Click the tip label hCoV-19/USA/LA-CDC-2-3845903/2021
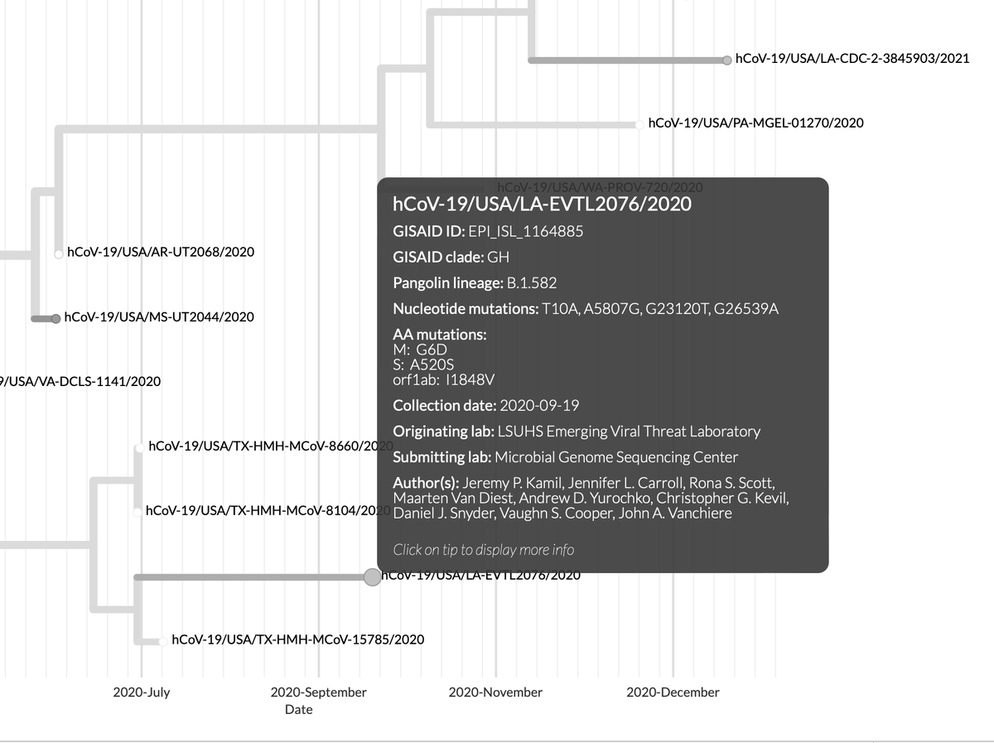point(852,59)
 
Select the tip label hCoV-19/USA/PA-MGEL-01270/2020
point(755,123)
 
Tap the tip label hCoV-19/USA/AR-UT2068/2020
point(161,252)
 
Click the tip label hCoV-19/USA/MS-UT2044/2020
point(159,316)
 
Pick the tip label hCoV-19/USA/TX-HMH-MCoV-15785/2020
point(297,639)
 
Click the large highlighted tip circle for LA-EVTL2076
point(373,577)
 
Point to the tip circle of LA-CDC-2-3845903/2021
point(726,60)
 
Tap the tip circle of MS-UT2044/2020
point(55,318)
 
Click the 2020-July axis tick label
point(142,692)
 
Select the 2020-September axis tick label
point(318,692)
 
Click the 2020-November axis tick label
point(495,692)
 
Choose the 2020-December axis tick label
point(673,692)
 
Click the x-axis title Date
point(299,710)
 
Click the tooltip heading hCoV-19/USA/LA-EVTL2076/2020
point(542,204)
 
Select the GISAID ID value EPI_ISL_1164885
point(525,231)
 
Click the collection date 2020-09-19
point(539,405)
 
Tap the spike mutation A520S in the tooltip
point(432,364)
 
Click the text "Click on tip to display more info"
point(484,549)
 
